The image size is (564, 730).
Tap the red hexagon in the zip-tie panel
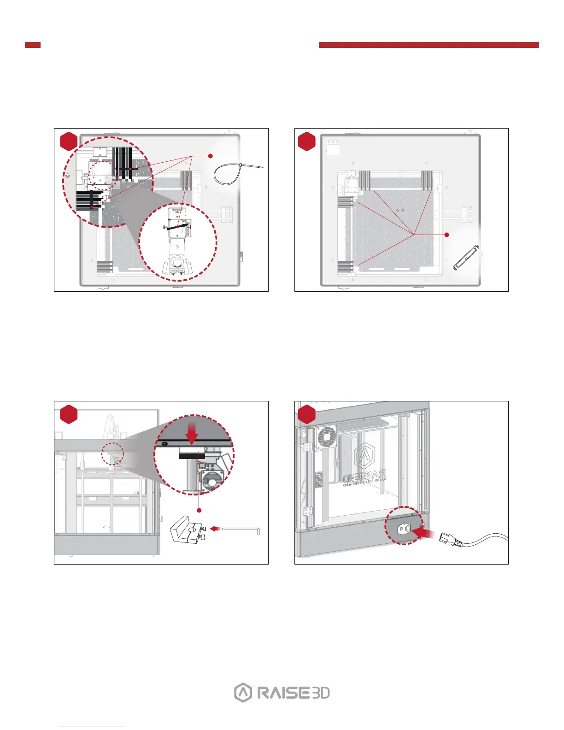[69, 141]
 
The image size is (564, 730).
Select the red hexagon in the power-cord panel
[307, 414]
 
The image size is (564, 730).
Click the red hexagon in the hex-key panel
[69, 414]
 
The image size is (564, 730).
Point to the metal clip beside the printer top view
[467, 258]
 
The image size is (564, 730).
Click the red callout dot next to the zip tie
[210, 156]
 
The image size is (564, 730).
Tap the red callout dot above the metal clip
[446, 235]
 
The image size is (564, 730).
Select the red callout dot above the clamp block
[199, 510]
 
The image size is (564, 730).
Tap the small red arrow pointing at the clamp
[215, 529]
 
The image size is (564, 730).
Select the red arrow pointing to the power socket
[424, 533]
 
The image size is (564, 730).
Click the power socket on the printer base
[404, 530]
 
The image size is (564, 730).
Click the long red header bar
[429, 45]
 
